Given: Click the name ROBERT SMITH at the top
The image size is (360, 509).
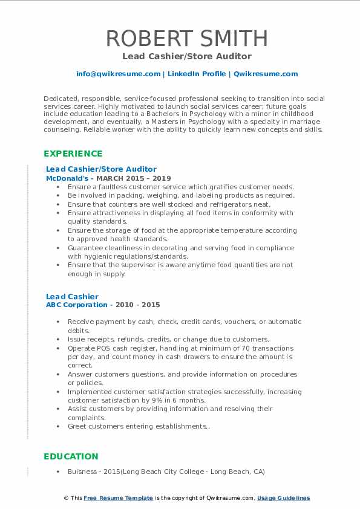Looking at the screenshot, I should point(186,38).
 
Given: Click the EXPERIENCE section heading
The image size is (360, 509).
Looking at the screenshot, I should point(73,154).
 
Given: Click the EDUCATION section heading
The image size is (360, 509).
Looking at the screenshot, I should point(70,456).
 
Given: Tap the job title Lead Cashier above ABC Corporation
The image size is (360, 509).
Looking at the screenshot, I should point(72,296).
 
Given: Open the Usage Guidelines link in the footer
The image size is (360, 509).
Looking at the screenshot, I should point(283,498).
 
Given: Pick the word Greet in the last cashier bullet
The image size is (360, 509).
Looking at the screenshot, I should point(77,426).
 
